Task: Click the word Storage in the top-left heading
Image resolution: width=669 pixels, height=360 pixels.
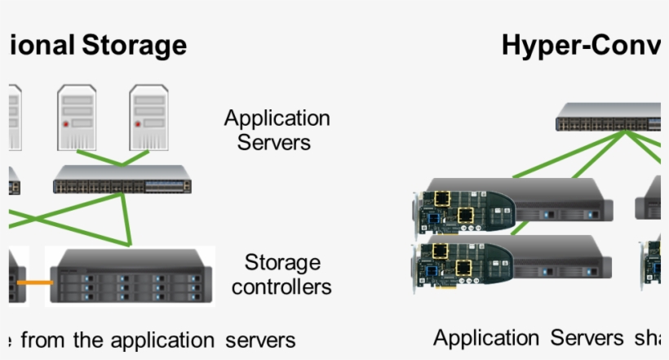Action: click(x=134, y=44)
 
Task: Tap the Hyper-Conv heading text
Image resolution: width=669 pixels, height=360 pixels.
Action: click(x=580, y=44)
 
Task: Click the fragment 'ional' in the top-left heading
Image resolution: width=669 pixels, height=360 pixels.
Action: click(x=41, y=44)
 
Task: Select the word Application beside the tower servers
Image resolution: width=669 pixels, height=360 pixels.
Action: click(x=277, y=118)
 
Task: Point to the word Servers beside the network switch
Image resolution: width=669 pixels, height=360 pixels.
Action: click(x=274, y=142)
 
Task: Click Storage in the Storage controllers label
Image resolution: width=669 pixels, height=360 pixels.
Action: click(x=282, y=263)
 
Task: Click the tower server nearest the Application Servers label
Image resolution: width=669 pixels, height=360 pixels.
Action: click(x=148, y=118)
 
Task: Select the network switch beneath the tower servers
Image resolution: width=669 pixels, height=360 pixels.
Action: click(x=122, y=180)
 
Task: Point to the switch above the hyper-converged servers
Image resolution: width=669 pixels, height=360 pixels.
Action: click(x=608, y=118)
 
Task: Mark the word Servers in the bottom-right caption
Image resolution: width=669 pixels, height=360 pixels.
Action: click(x=581, y=338)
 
